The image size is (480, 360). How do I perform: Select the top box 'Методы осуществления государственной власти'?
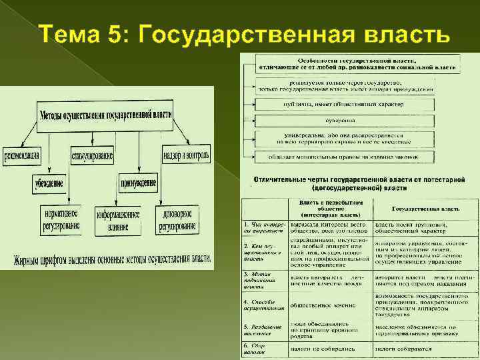point(105,113)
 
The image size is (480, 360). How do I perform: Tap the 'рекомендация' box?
point(22,155)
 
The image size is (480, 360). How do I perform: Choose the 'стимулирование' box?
point(92,155)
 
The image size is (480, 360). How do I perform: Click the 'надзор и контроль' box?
point(186,155)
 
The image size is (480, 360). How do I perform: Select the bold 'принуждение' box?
point(139,183)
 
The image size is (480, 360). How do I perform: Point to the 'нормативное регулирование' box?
point(61,220)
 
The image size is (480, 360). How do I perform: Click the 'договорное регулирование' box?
point(177,220)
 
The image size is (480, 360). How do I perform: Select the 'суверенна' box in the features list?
point(345,121)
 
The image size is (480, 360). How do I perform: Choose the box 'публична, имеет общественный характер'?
point(345,105)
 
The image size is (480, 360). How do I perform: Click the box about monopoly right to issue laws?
point(345,157)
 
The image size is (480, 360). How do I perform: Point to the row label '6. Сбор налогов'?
point(262,347)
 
